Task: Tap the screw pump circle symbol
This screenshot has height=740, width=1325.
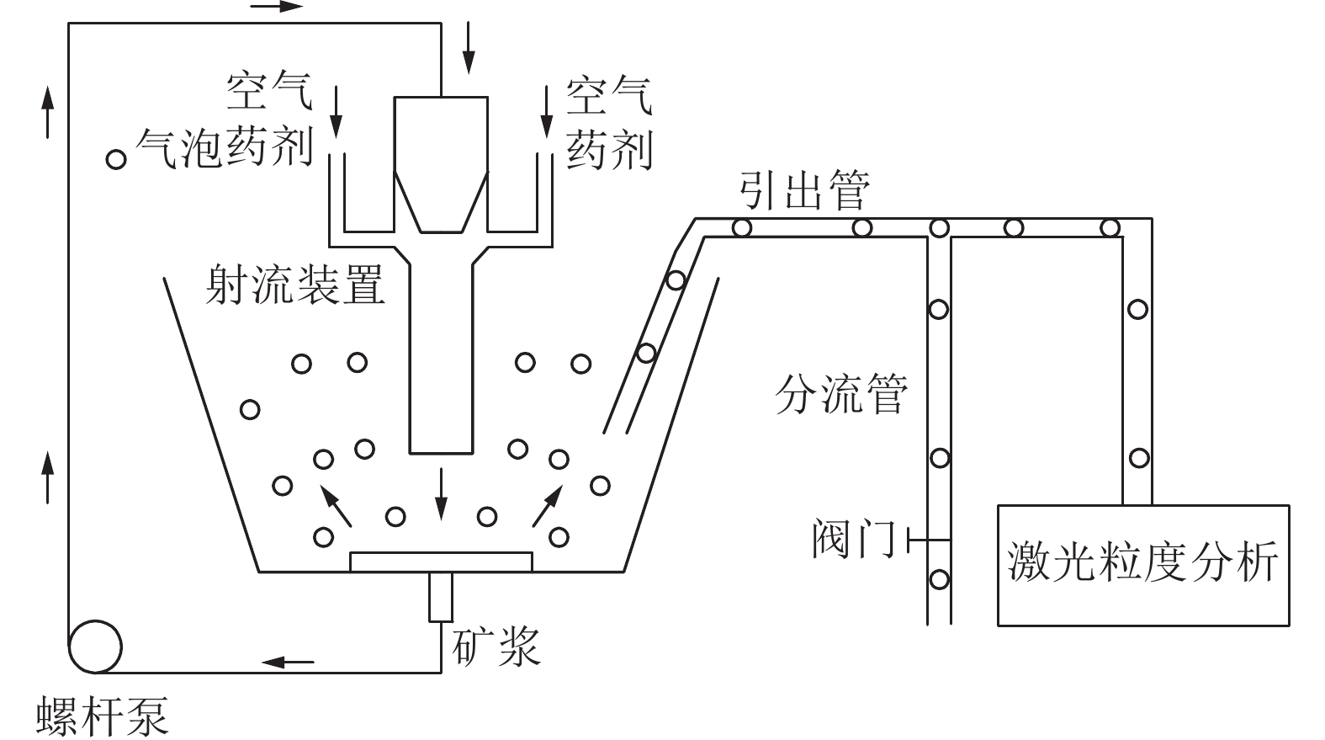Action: coord(94,647)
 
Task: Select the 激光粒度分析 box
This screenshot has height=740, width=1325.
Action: coord(1142,564)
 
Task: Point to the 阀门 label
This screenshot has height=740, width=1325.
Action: coord(853,539)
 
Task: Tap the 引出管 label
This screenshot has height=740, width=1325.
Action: coord(803,190)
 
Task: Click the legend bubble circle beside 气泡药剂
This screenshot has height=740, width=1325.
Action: coord(115,158)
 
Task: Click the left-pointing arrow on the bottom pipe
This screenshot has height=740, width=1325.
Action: coord(288,662)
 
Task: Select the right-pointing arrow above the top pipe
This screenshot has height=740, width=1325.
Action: coord(277,7)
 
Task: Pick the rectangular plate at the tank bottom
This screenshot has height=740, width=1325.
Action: coord(441,562)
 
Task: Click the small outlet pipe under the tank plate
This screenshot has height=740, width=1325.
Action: coord(440,597)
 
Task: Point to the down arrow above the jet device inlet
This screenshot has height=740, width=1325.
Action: coord(468,51)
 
